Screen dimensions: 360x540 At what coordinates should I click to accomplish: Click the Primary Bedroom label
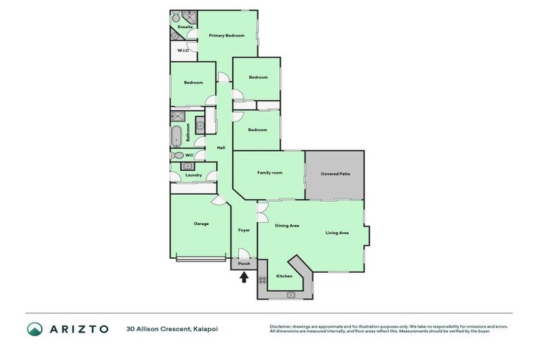[226, 35]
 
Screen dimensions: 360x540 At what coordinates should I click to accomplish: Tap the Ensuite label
[185, 27]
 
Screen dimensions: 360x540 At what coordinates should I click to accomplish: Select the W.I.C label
[183, 51]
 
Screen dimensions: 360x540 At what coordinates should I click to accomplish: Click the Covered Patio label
[335, 174]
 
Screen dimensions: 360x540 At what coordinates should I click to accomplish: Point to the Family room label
[269, 172]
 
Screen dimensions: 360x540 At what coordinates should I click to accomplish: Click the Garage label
[202, 224]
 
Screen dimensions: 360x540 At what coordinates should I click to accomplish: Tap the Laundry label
[194, 175]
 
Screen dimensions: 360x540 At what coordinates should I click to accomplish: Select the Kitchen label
[284, 276]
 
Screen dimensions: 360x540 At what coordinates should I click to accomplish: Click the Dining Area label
[287, 226]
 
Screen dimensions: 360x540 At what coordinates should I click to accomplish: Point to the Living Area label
[337, 233]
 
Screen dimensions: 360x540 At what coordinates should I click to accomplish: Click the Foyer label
[244, 230]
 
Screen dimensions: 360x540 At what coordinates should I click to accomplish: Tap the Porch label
[244, 264]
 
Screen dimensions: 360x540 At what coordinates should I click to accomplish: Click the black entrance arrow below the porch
[244, 277]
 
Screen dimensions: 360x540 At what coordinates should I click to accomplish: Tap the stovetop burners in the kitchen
[262, 279]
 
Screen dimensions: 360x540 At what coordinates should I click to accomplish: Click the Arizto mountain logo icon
[34, 328]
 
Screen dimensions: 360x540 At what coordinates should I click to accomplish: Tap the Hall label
[221, 148]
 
